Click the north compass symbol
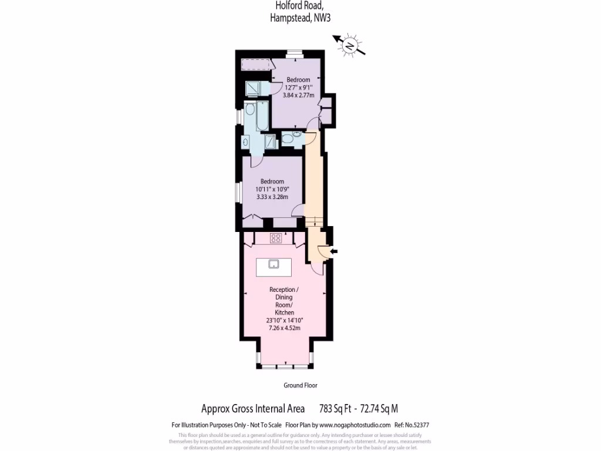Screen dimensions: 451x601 tap(350, 46)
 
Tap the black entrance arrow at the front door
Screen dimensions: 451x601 tap(333, 251)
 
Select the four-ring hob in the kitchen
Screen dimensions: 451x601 tap(276, 238)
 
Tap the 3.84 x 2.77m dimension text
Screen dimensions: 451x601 tap(298, 95)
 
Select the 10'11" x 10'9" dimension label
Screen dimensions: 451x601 tap(272, 189)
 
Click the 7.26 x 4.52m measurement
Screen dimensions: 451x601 tap(284, 328)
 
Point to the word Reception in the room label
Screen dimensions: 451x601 tap(283, 290)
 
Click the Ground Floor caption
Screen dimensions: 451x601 tap(300, 385)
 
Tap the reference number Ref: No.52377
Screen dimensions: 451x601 tap(416, 425)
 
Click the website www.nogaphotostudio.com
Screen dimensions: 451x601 tap(354, 425)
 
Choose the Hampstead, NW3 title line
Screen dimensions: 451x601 tap(300, 18)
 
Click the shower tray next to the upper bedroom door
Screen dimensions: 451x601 tap(254, 87)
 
